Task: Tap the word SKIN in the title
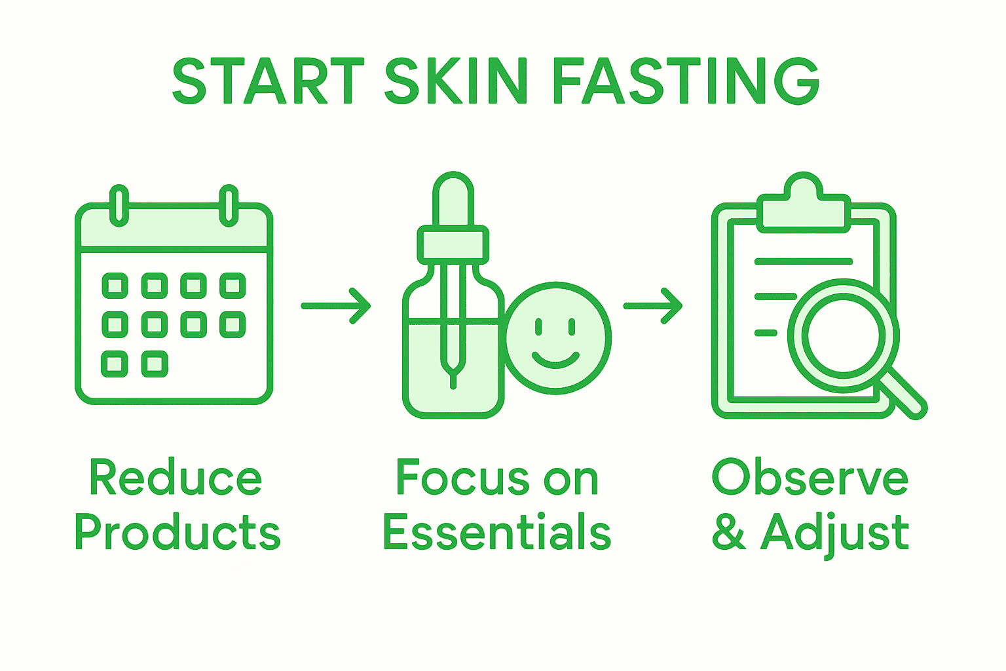(456, 81)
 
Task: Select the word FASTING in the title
(686, 81)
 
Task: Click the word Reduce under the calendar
(176, 478)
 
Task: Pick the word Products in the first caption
(177, 532)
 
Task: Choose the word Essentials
(497, 532)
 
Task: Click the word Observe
(810, 478)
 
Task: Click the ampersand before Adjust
(729, 532)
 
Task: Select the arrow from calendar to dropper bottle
(336, 306)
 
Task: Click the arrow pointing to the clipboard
(653, 306)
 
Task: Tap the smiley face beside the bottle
(557, 338)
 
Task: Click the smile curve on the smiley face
(555, 360)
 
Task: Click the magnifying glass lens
(843, 335)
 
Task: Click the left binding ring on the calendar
(119, 205)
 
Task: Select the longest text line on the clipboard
(804, 261)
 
